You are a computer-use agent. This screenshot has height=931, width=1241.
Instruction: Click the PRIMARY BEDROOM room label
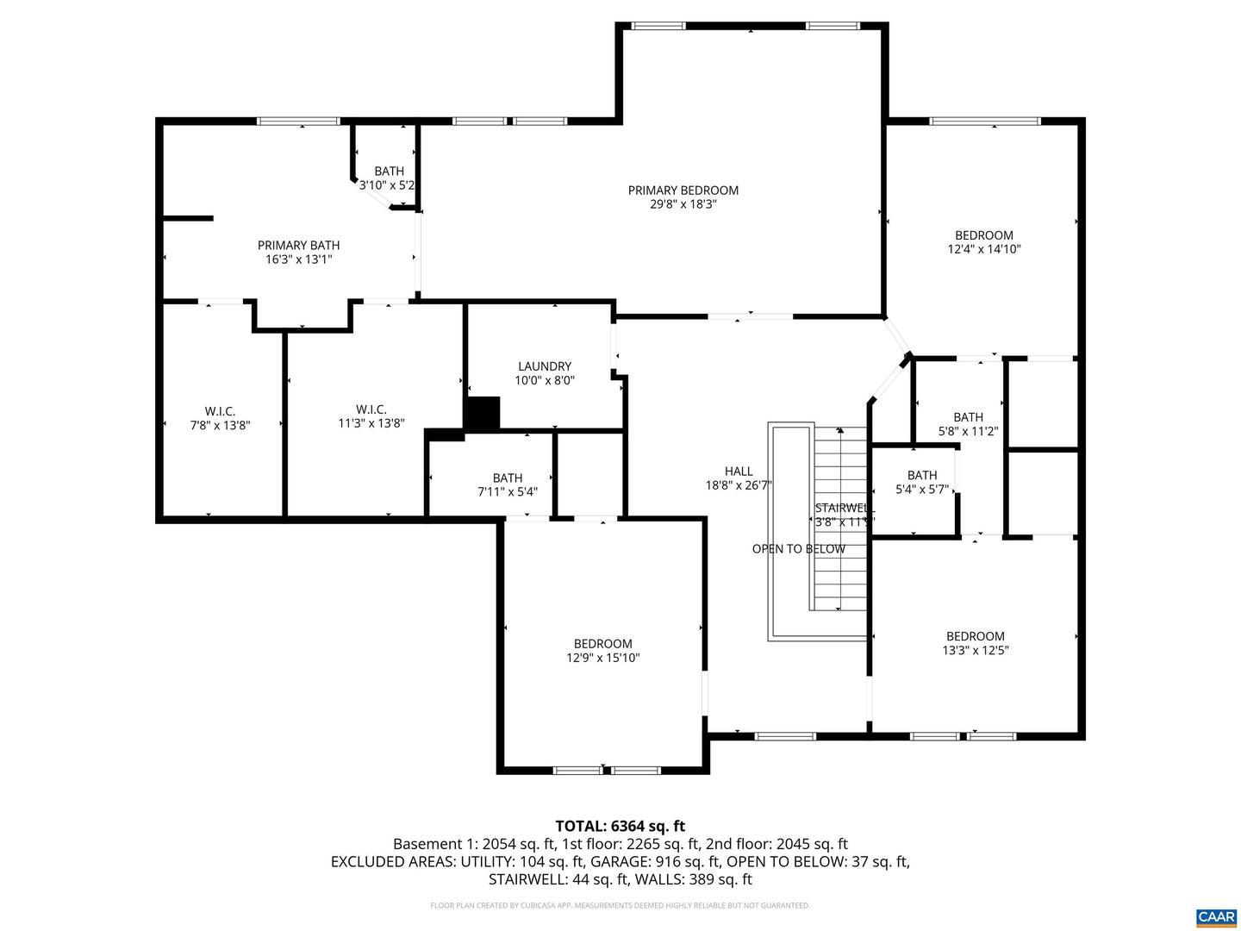(683, 191)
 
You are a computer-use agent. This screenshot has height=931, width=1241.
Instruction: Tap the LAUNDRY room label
(544, 366)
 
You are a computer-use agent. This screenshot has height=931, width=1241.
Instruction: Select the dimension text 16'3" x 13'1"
(298, 259)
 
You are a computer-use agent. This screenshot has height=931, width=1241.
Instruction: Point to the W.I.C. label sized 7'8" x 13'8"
(220, 411)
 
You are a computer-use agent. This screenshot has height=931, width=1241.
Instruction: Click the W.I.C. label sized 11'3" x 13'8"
(371, 409)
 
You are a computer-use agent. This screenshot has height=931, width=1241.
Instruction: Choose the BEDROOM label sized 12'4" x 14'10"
(983, 235)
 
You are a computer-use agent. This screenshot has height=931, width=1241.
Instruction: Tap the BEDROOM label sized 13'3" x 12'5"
(975, 637)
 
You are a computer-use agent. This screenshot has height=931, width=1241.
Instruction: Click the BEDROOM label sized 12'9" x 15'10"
(602, 644)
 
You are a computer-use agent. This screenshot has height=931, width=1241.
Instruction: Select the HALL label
(739, 472)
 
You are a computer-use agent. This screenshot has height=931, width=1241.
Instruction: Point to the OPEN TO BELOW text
(798, 549)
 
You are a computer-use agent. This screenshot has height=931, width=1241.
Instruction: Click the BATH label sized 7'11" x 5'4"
(508, 478)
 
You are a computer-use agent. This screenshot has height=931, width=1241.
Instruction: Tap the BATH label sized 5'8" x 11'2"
(968, 417)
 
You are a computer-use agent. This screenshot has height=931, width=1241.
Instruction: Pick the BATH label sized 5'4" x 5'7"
(921, 475)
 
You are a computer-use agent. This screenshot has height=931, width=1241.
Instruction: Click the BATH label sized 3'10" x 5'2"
(389, 172)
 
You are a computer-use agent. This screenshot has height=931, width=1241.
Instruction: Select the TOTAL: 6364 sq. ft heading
(620, 826)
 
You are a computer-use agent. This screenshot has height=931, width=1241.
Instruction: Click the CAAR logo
(1215, 915)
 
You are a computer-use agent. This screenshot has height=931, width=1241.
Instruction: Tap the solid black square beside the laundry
(482, 413)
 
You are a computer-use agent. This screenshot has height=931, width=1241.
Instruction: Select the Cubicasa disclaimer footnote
(620, 906)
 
